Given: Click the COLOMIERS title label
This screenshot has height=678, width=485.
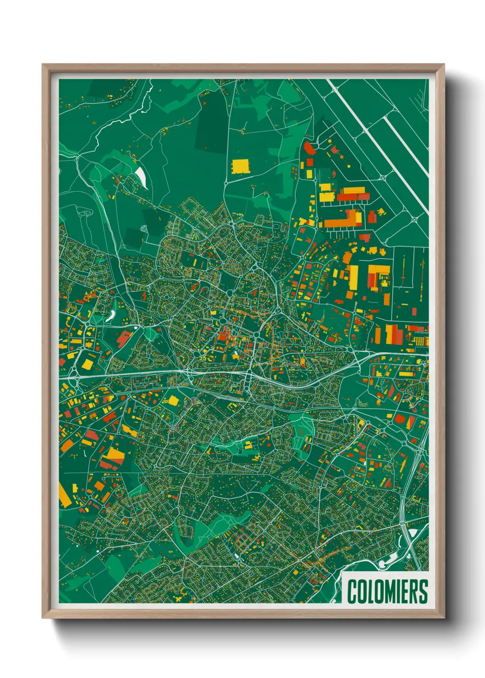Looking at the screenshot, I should tap(387, 591).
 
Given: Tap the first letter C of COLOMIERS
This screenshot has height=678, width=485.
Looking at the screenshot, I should tap(352, 591).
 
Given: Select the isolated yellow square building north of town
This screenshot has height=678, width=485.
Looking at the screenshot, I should tap(241, 166).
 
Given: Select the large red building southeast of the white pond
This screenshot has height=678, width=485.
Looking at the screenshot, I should tap(123, 339).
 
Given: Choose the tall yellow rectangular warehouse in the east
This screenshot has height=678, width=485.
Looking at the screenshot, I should tap(353, 277).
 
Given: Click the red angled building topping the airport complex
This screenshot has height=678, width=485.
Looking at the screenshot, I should tap(309, 148).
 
